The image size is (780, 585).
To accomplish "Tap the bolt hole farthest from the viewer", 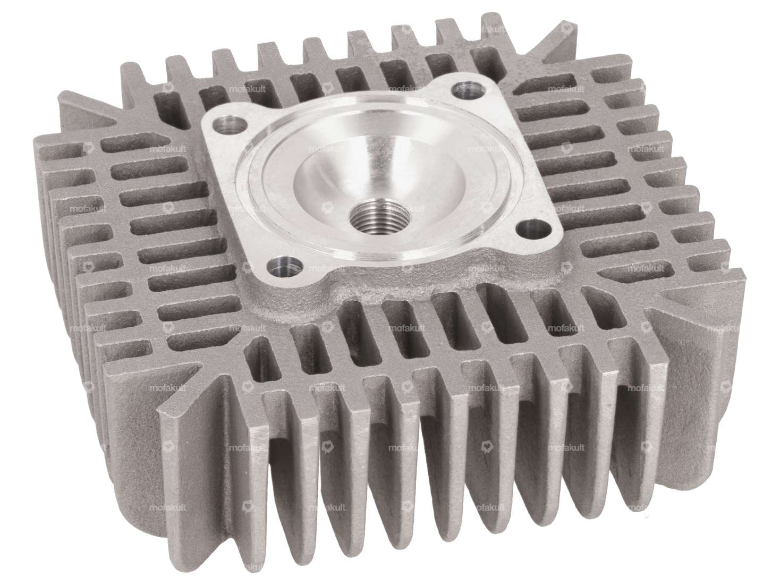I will [461, 88].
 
